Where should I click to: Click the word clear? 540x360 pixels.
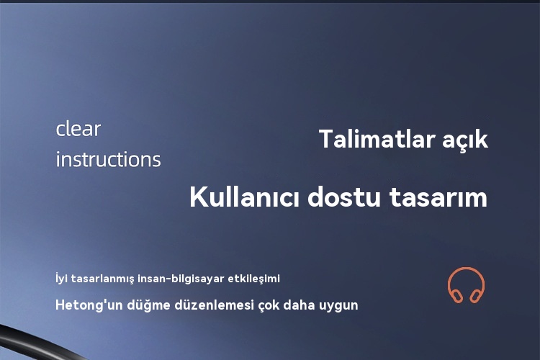click(x=78, y=129)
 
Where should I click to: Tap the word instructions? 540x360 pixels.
click(x=109, y=159)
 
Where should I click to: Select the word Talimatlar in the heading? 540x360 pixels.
click(x=377, y=139)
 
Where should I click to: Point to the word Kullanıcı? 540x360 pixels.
click(x=244, y=197)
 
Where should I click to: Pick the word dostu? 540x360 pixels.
click(x=344, y=197)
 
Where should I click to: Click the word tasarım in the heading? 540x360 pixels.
click(x=438, y=197)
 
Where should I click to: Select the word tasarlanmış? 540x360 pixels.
click(x=103, y=279)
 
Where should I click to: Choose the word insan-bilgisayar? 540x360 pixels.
click(x=181, y=279)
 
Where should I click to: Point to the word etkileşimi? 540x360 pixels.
click(x=254, y=279)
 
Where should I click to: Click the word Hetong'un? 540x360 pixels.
click(x=89, y=305)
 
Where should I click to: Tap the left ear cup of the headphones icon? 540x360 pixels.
click(x=457, y=296)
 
